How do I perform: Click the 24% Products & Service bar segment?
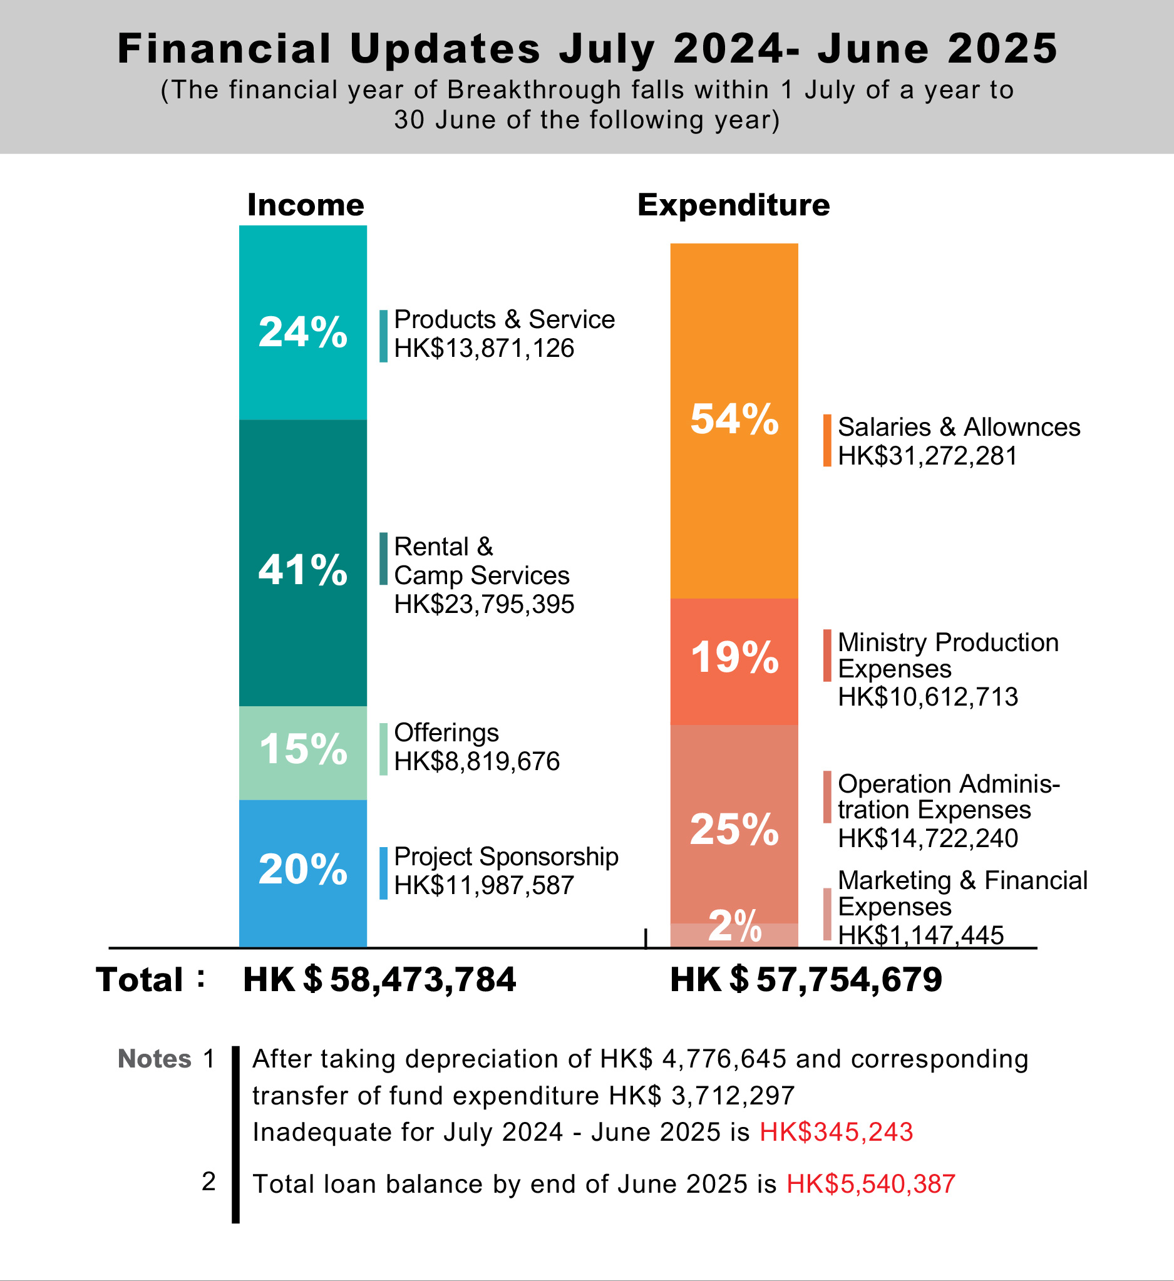[x=302, y=322]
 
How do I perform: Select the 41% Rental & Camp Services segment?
[x=302, y=562]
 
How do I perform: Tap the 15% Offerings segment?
[x=302, y=753]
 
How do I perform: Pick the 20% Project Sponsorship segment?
[x=302, y=873]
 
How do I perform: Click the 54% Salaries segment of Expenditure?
[x=734, y=420]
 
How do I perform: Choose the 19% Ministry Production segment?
[x=734, y=661]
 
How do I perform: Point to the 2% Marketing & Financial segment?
[x=734, y=935]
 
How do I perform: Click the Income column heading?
[x=306, y=205]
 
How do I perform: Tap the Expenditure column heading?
[x=733, y=205]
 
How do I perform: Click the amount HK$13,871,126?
[x=483, y=349]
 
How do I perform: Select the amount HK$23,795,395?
[x=483, y=604]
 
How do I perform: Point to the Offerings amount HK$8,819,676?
[x=476, y=761]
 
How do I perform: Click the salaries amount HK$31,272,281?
[x=927, y=456]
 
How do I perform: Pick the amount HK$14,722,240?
[x=927, y=839]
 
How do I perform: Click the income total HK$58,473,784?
[x=379, y=979]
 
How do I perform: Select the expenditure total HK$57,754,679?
[x=806, y=979]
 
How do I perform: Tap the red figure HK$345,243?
[x=836, y=1132]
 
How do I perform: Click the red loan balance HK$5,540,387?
[x=870, y=1184]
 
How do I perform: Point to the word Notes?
[x=155, y=1059]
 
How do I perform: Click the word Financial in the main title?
[x=224, y=49]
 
